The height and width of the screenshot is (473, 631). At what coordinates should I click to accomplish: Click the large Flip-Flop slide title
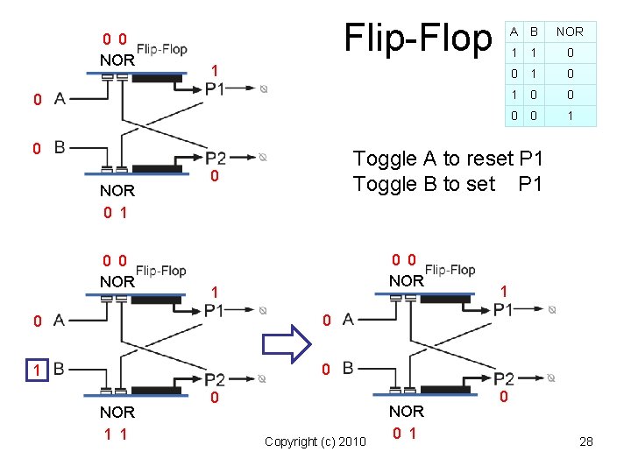pyautogui.click(x=418, y=38)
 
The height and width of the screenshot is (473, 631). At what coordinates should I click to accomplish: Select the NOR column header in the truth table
pyautogui.click(x=569, y=32)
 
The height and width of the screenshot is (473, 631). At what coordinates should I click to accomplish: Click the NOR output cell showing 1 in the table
pyautogui.click(x=569, y=116)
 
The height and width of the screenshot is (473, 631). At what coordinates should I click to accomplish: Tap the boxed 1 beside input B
pyautogui.click(x=36, y=370)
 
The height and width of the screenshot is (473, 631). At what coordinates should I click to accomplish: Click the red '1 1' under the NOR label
pyautogui.click(x=116, y=434)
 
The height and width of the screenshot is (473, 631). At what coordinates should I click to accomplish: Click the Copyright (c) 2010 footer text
pyautogui.click(x=315, y=441)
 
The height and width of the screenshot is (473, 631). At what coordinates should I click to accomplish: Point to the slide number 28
pyautogui.click(x=586, y=441)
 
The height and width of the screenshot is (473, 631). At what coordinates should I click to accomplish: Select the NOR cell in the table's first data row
pyautogui.click(x=569, y=53)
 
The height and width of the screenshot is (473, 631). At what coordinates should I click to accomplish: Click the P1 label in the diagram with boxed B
pyautogui.click(x=215, y=310)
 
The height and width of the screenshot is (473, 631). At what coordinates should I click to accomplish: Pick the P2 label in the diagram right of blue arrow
pyautogui.click(x=503, y=378)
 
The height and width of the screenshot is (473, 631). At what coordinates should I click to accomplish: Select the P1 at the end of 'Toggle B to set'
pyautogui.click(x=530, y=184)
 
